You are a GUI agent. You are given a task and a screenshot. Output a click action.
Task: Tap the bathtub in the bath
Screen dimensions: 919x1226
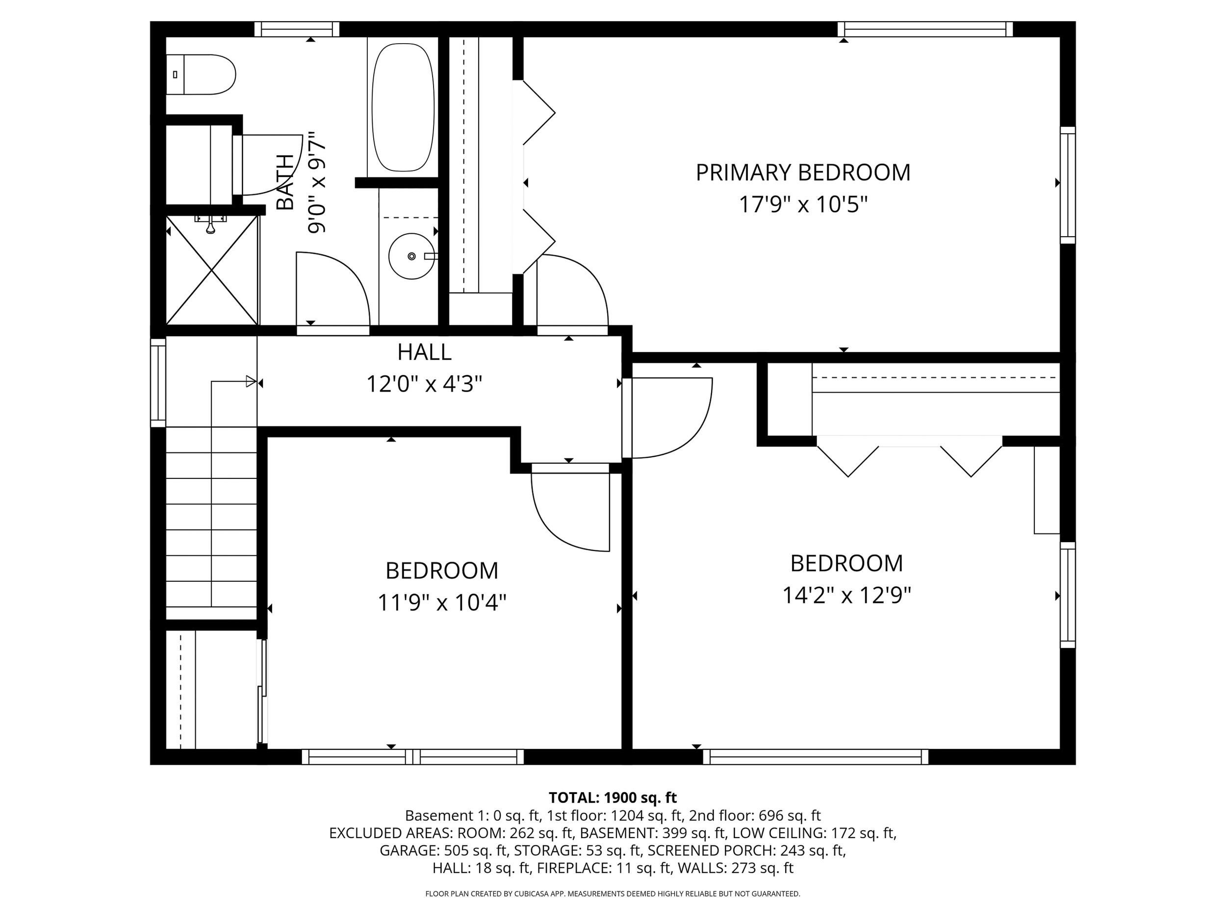[x=403, y=107]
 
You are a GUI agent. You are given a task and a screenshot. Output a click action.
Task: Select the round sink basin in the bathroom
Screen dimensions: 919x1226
[x=411, y=256]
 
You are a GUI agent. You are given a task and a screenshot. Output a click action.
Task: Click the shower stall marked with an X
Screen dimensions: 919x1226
[x=212, y=271]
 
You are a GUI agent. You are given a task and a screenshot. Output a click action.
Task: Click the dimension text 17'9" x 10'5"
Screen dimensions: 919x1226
[x=803, y=205]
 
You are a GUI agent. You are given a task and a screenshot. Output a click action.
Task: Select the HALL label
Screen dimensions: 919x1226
[x=424, y=352]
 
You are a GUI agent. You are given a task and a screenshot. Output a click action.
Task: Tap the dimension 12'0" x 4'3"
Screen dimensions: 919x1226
[x=424, y=383]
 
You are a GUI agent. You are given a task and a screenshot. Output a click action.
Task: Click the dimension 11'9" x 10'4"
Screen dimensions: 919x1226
[x=442, y=603]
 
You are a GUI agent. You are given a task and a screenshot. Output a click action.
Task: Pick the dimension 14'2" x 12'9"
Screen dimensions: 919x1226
[x=846, y=596]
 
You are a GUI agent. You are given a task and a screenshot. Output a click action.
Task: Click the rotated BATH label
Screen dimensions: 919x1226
[x=285, y=183]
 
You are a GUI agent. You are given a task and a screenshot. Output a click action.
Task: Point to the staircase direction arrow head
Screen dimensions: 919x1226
[x=251, y=381]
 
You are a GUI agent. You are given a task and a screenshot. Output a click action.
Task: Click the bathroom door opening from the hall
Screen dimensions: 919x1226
[x=332, y=291]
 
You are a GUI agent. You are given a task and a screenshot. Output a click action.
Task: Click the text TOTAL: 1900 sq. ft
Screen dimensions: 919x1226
[x=613, y=797]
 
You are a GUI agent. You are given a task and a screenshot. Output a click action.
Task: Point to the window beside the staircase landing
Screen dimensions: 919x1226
[x=158, y=382]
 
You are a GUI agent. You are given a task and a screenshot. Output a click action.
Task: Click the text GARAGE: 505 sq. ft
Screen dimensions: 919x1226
[x=443, y=850]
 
